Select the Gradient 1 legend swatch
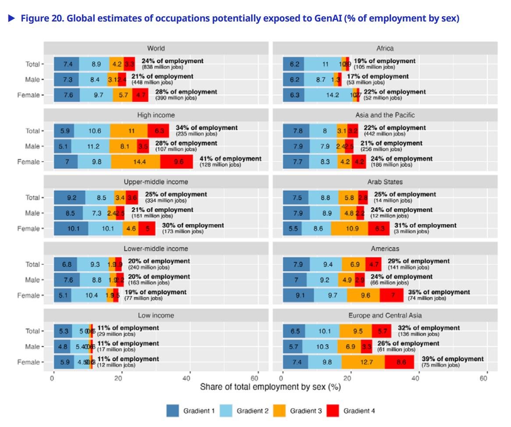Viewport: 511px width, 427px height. click(174, 411)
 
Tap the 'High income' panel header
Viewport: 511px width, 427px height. click(156, 115)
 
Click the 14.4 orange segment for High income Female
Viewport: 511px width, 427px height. click(135, 162)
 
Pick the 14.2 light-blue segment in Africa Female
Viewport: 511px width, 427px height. click(328, 95)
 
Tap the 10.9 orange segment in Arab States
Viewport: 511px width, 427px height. click(349, 228)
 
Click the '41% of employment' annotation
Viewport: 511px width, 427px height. click(230, 159)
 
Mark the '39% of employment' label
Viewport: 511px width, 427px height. click(453, 359)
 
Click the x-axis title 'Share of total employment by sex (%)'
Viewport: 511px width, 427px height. click(270, 388)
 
